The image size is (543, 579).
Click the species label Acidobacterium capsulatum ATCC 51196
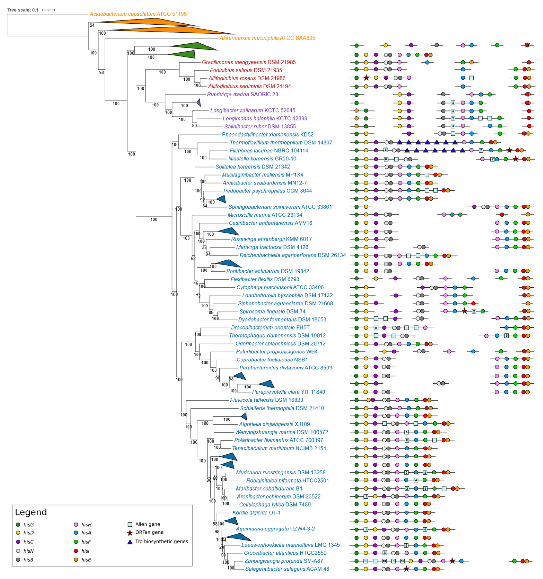tap(138, 14)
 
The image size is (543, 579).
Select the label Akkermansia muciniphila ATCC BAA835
tap(267, 38)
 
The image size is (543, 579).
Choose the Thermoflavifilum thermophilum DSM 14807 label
tap(281, 143)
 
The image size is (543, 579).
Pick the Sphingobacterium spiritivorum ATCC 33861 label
tap(280, 207)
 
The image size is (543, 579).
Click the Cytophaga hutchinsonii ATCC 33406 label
tap(280, 287)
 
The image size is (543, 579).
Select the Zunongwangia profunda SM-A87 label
tap(284, 561)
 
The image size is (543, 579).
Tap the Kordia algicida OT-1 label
tap(256, 513)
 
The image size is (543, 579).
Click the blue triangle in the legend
tap(130, 542)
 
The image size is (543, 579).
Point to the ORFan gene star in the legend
tap(130, 533)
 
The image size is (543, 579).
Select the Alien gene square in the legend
tap(130, 524)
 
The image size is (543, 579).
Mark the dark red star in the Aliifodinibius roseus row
tap(366, 78)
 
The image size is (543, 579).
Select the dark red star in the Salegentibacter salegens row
tap(406, 569)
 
